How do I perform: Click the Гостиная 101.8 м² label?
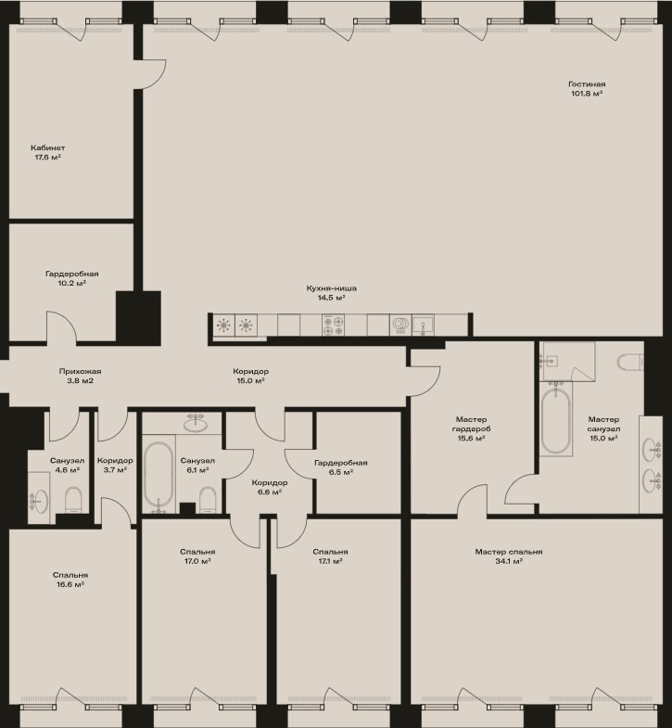(x=587, y=89)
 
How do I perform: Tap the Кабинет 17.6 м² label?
(x=48, y=152)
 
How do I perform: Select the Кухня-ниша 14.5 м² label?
(x=331, y=293)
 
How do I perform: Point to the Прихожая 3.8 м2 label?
(x=80, y=377)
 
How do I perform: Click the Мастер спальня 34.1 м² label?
(x=509, y=556)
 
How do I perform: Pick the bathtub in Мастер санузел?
(x=555, y=421)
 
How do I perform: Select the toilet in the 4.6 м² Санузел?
(x=73, y=500)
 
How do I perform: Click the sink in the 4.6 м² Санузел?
(x=39, y=502)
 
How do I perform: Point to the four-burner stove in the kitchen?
(x=333, y=325)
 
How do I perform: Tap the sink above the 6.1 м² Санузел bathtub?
(x=196, y=423)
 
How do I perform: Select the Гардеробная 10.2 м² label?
(x=72, y=278)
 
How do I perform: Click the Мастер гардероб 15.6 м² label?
(x=471, y=428)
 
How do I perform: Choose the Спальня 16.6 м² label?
(x=70, y=580)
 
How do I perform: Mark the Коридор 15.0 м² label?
(x=250, y=377)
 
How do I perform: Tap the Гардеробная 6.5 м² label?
(x=341, y=467)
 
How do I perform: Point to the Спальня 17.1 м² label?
(x=330, y=556)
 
